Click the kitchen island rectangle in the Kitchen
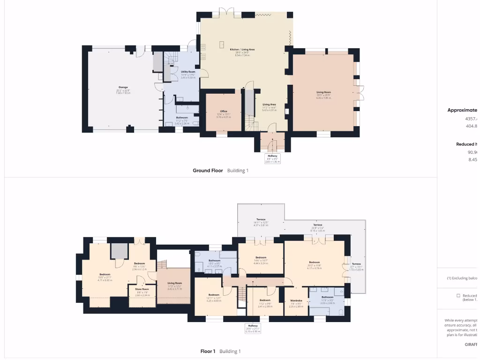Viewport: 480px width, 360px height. coord(221,44)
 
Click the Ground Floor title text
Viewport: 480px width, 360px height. coord(208,171)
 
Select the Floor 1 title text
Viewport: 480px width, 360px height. coord(208,351)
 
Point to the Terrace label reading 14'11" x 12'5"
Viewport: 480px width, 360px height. coord(261,222)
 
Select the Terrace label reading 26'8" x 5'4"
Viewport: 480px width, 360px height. coord(318,228)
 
